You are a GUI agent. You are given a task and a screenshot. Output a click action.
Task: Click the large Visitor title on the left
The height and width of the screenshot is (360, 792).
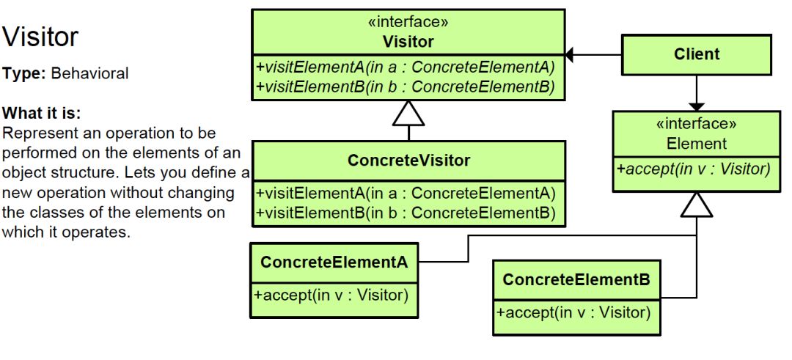tap(41, 37)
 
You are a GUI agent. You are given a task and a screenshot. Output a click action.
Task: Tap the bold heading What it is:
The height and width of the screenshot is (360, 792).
tap(43, 114)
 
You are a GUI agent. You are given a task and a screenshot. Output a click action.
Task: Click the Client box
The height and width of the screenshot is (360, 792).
tap(696, 54)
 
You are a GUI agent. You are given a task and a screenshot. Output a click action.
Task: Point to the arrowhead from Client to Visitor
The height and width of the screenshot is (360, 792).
tap(571, 54)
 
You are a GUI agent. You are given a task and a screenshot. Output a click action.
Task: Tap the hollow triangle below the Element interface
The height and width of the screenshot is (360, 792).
tap(696, 205)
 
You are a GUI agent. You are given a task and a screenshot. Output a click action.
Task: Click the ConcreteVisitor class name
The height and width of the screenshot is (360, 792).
tap(408, 160)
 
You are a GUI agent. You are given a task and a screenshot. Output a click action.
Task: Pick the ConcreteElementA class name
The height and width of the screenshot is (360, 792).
tap(334, 262)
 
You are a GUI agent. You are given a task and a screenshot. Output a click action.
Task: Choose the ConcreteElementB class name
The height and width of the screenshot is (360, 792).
tap(576, 279)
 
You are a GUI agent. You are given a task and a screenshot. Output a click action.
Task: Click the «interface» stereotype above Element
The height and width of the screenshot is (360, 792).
tap(696, 123)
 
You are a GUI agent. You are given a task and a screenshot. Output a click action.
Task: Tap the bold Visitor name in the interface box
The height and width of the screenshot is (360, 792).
tap(408, 42)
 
